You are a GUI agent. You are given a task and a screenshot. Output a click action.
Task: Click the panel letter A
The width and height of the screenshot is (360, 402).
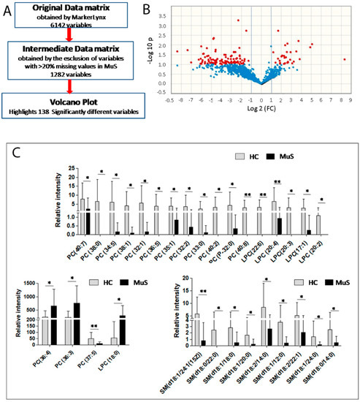pyautogui.click(x=10, y=11)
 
